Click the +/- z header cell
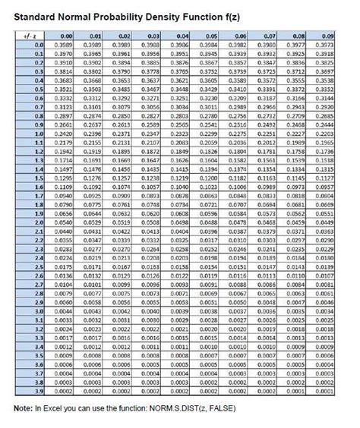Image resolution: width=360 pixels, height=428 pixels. point(27,36)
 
